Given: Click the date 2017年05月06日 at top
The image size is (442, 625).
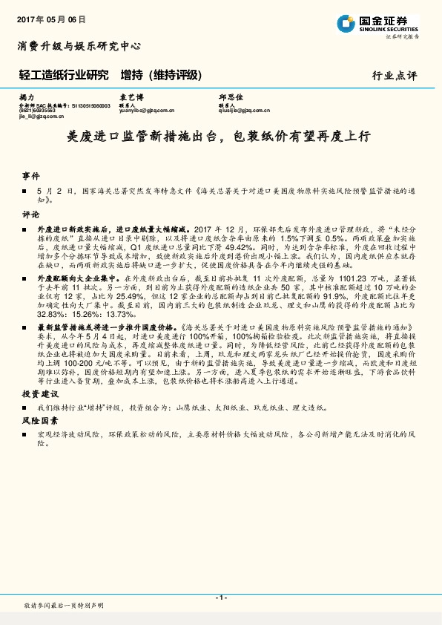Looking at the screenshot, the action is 50,19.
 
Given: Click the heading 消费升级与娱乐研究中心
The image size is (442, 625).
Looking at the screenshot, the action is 79,46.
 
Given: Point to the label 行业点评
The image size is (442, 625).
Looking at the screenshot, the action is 394,76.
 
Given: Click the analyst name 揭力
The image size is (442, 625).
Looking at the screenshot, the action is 27,97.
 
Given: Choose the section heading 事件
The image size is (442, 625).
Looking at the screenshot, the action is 31,177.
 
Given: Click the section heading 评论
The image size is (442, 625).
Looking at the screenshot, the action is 31,214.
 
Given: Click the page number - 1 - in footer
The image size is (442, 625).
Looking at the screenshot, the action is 220,598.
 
